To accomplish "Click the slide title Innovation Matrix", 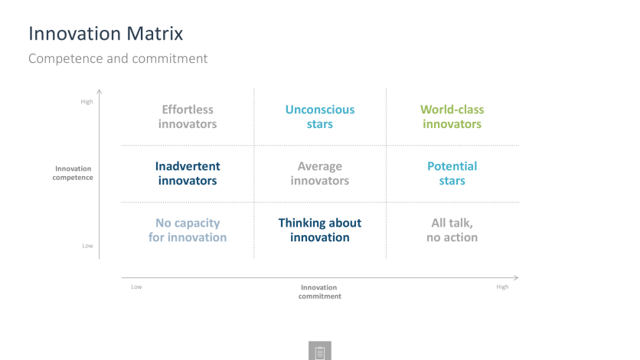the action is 106,34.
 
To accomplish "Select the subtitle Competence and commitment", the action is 118,58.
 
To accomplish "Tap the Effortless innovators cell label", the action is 188,116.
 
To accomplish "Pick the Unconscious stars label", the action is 320,116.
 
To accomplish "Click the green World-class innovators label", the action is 452,116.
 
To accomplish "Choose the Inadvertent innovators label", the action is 188,173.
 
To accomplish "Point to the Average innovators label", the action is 320,173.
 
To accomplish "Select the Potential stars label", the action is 452,173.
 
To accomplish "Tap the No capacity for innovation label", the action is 188,231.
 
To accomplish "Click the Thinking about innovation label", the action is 320,231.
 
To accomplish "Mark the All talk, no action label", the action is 452,231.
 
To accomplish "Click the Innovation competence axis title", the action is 73,173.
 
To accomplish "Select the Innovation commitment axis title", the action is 319,292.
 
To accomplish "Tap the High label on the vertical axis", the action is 87,102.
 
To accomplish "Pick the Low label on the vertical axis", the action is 88,246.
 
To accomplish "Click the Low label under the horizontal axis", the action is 136,287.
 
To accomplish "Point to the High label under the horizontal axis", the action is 502,287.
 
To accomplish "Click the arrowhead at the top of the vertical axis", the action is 100,90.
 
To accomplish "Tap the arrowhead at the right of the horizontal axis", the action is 518,277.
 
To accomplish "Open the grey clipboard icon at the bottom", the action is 320,351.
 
